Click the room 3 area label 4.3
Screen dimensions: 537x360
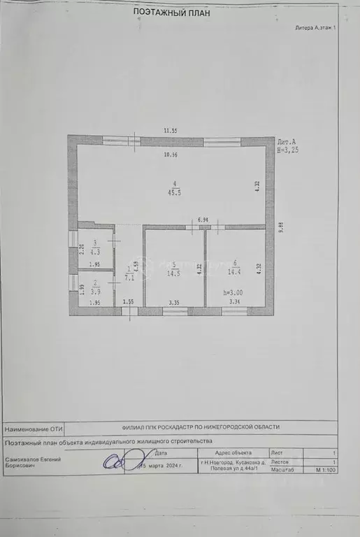[96, 251]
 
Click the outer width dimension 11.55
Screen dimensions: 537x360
[171, 131]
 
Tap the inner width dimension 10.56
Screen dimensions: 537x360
[171, 155]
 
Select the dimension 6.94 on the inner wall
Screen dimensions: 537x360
[203, 220]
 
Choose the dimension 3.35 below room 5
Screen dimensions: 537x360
[175, 302]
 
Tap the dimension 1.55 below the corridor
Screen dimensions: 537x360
[128, 302]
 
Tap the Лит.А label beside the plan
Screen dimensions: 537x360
[287, 141]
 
